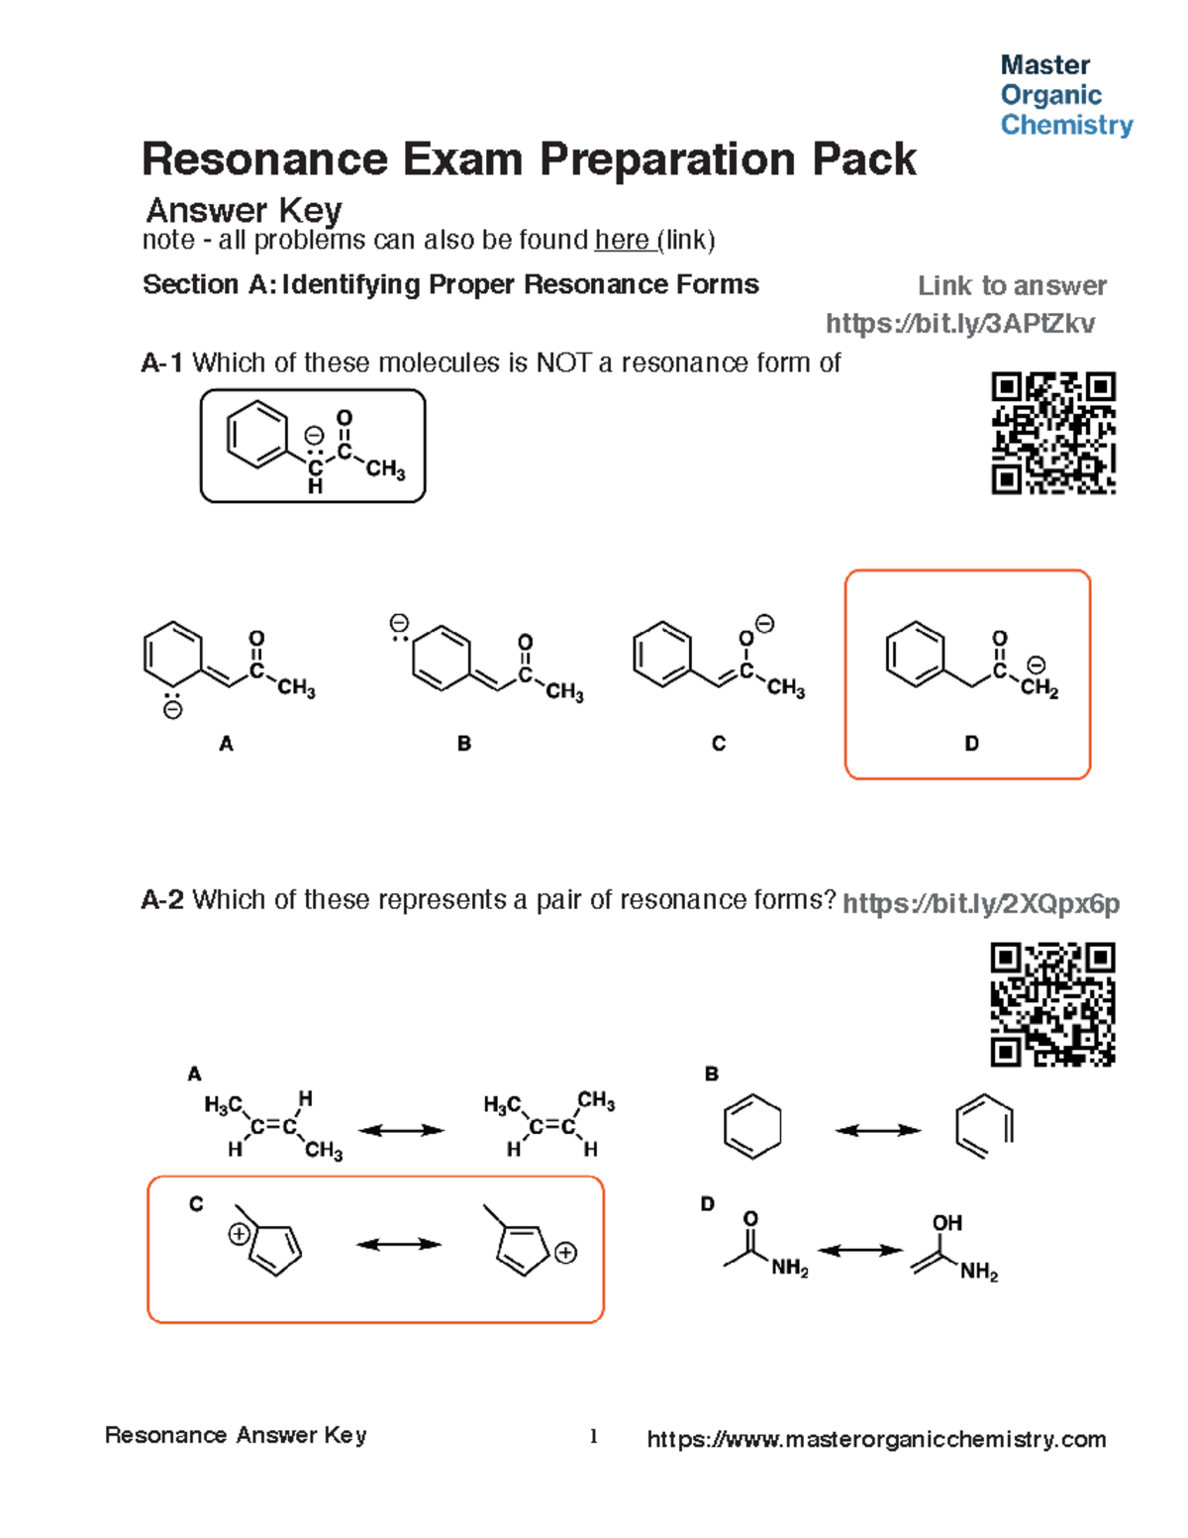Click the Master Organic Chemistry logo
click(x=1065, y=95)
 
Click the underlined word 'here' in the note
click(x=622, y=241)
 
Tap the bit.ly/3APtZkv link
click(x=959, y=324)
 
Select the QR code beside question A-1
click(x=1053, y=433)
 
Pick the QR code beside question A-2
click(x=1052, y=1004)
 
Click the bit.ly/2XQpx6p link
click(x=980, y=903)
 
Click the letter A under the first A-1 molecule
click(x=226, y=744)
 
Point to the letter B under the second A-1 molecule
click(x=463, y=744)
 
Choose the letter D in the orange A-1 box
click(x=971, y=744)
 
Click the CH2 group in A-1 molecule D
click(x=1039, y=688)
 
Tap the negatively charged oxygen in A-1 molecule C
click(x=747, y=638)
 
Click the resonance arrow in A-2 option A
click(x=401, y=1130)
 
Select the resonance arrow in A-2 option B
click(x=877, y=1130)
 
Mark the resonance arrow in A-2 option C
click(x=398, y=1245)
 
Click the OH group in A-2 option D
click(x=946, y=1223)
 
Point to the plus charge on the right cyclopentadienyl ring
click(x=565, y=1253)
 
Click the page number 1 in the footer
click(x=593, y=1437)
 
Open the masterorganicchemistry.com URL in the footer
click(x=876, y=1439)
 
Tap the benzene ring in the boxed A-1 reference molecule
click(x=257, y=434)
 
